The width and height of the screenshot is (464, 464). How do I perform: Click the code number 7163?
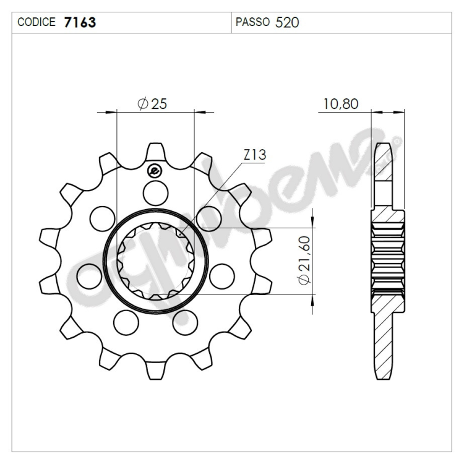tap(80, 22)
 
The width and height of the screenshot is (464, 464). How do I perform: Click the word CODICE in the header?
tap(37, 22)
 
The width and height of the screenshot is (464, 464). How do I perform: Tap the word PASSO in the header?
tap(252, 22)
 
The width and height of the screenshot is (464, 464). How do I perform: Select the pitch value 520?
tap(287, 22)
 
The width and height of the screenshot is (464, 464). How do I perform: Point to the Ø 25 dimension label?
tap(152, 104)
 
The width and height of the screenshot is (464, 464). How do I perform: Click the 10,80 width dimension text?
tap(341, 104)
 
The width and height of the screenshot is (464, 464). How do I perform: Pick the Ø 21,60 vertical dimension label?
tap(304, 260)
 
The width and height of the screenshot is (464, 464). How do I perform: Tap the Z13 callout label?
tap(255, 155)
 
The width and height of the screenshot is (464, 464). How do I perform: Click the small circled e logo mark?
tap(155, 171)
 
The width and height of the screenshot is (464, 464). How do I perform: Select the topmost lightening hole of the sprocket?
tap(155, 194)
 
